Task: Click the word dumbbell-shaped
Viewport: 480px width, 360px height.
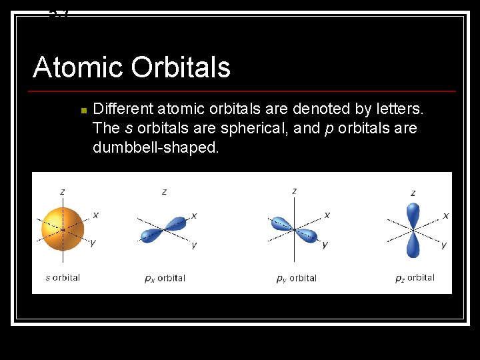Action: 155,147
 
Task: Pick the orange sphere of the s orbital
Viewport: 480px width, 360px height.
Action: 63,228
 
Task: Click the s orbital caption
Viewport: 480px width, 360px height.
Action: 63,277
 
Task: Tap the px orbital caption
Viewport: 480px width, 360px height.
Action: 165,278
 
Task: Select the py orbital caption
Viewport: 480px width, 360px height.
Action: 296,278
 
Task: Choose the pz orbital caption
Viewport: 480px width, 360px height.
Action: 415,277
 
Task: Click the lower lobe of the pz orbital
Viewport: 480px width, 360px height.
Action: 413,245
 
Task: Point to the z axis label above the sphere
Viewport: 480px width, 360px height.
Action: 63,192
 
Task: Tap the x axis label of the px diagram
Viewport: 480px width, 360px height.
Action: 194,215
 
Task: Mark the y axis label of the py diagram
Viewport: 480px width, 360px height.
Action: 325,245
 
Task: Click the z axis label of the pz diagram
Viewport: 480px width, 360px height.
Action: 413,193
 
